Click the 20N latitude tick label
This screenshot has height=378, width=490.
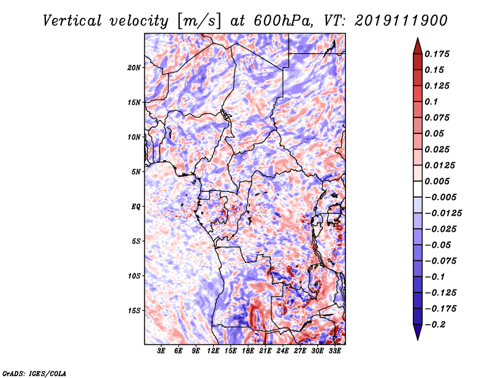[134, 68]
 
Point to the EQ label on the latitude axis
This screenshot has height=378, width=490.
[136, 207]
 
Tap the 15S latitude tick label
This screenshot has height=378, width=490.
[134, 311]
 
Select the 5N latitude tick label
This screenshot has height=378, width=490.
[136, 172]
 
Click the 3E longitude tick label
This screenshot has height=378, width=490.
[161, 351]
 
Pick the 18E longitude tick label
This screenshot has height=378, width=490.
[248, 351]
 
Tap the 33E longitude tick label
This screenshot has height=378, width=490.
[334, 351]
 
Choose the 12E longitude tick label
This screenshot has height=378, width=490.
[213, 351]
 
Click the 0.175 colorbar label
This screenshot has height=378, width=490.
[437, 54]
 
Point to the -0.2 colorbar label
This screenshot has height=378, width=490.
[435, 325]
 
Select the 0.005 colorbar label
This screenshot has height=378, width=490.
[437, 181]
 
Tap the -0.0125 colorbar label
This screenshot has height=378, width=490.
[443, 213]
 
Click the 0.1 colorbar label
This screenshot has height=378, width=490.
[431, 102]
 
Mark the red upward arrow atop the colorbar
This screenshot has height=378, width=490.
[418, 46]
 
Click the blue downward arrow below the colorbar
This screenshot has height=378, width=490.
[418, 332]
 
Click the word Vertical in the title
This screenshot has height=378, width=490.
[72, 21]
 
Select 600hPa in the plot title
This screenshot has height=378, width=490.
[283, 21]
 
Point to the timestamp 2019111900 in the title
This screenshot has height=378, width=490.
[401, 21]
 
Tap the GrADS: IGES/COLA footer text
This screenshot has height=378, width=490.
[34, 374]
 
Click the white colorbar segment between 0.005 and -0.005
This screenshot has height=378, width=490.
[418, 189]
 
